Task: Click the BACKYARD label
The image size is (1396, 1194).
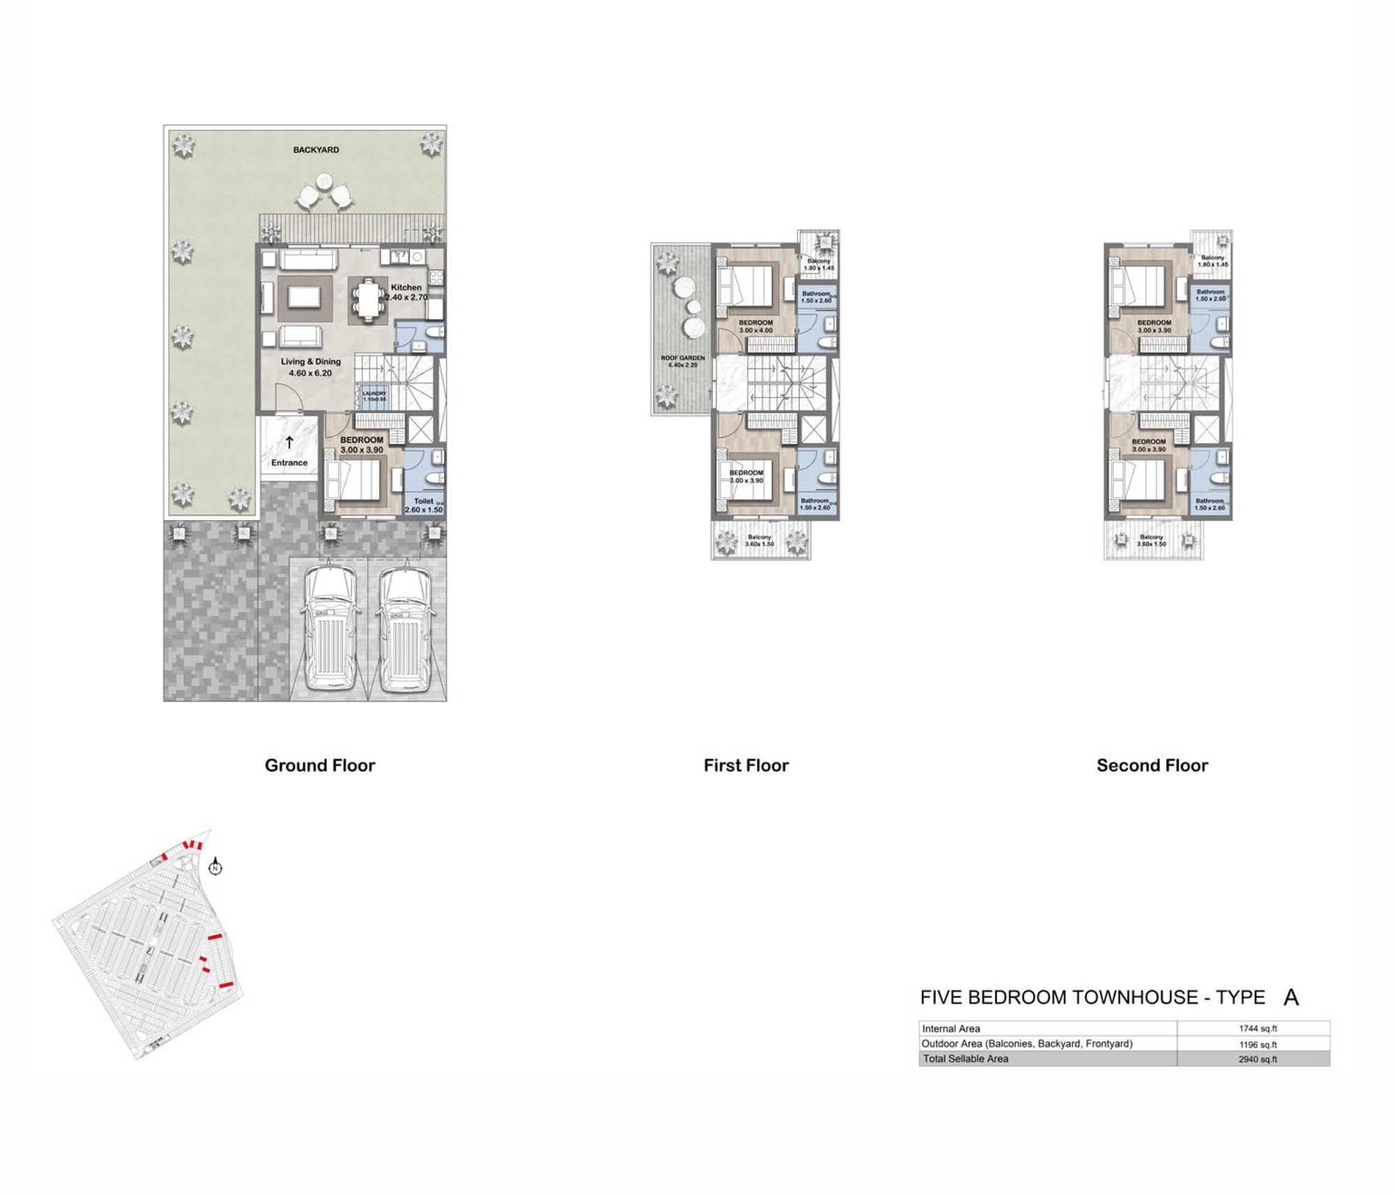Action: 315,150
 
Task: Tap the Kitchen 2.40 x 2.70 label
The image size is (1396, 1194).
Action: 406,292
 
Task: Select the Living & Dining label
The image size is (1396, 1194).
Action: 311,361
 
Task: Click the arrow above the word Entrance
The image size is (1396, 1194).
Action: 289,443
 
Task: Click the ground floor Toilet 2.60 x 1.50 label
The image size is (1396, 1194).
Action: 424,505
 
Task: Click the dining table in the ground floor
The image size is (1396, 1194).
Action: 368,299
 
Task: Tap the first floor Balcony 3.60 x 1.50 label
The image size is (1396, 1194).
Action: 759,540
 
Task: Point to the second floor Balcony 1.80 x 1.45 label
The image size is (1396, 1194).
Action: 1212,261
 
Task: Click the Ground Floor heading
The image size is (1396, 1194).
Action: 320,766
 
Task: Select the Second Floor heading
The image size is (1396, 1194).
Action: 1152,766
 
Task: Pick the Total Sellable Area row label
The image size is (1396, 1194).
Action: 965,1059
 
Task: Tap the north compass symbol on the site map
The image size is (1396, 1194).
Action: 216,867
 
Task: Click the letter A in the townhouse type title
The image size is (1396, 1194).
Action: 1291,998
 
